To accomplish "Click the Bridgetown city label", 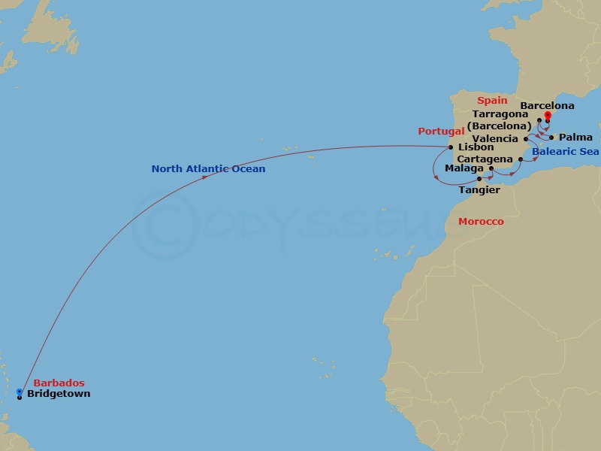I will tap(59, 394).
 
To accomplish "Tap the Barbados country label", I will tap(59, 383).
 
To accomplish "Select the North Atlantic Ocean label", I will tap(208, 169).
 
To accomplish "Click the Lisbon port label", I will tap(476, 147).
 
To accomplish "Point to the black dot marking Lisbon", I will tap(451, 147).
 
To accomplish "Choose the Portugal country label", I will tap(441, 131).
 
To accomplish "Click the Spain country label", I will tap(494, 100).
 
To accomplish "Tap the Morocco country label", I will tap(481, 222).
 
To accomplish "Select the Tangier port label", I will tap(479, 190).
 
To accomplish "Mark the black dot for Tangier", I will tap(479, 179).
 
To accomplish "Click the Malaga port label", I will tap(464, 168).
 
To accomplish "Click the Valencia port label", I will tap(495, 139).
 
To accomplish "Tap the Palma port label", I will tap(576, 138).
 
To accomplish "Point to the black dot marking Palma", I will tap(552, 138).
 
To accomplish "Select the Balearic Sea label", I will tap(565, 152).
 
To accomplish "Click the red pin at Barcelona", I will tap(548, 116).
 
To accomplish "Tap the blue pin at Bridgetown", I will tap(19, 392).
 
